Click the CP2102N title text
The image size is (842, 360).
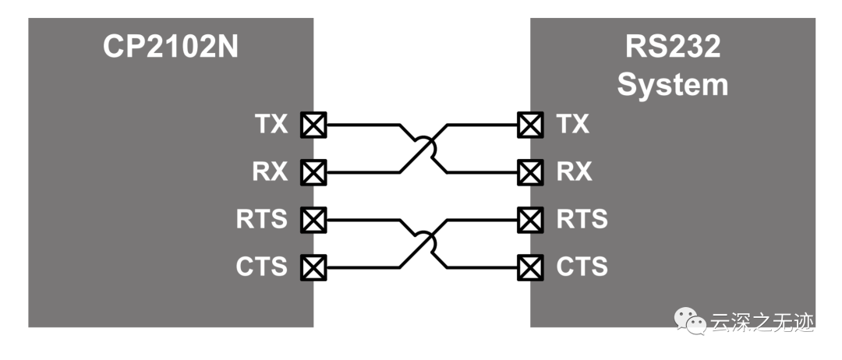(171, 48)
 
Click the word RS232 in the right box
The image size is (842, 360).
(673, 48)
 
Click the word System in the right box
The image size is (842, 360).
(673, 84)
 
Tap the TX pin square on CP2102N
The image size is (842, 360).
(314, 124)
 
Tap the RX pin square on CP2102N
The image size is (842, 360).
(314, 171)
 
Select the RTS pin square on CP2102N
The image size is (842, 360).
(314, 220)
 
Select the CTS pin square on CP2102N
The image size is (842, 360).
(314, 267)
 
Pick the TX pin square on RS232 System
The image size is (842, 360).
(530, 124)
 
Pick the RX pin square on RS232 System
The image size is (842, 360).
(530, 171)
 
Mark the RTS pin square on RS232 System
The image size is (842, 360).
(530, 220)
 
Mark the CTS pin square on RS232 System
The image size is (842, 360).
(530, 267)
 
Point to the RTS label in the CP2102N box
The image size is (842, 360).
(261, 220)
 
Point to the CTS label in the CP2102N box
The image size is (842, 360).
(261, 267)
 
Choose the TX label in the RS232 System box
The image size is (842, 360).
(573, 124)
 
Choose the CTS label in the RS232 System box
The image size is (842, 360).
(582, 267)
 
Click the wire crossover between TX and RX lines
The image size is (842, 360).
(423, 147)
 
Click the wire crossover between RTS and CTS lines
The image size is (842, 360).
(423, 243)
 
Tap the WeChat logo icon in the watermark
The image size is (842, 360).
(689, 320)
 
